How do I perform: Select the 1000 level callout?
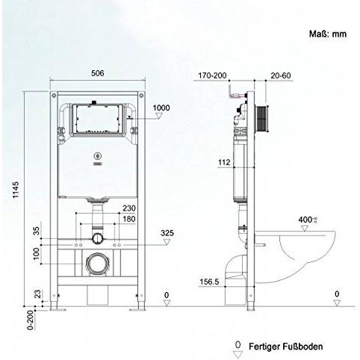(x=161, y=108)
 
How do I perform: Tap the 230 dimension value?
(x=128, y=208)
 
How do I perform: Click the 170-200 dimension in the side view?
(x=212, y=75)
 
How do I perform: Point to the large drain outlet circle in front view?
(x=95, y=263)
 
